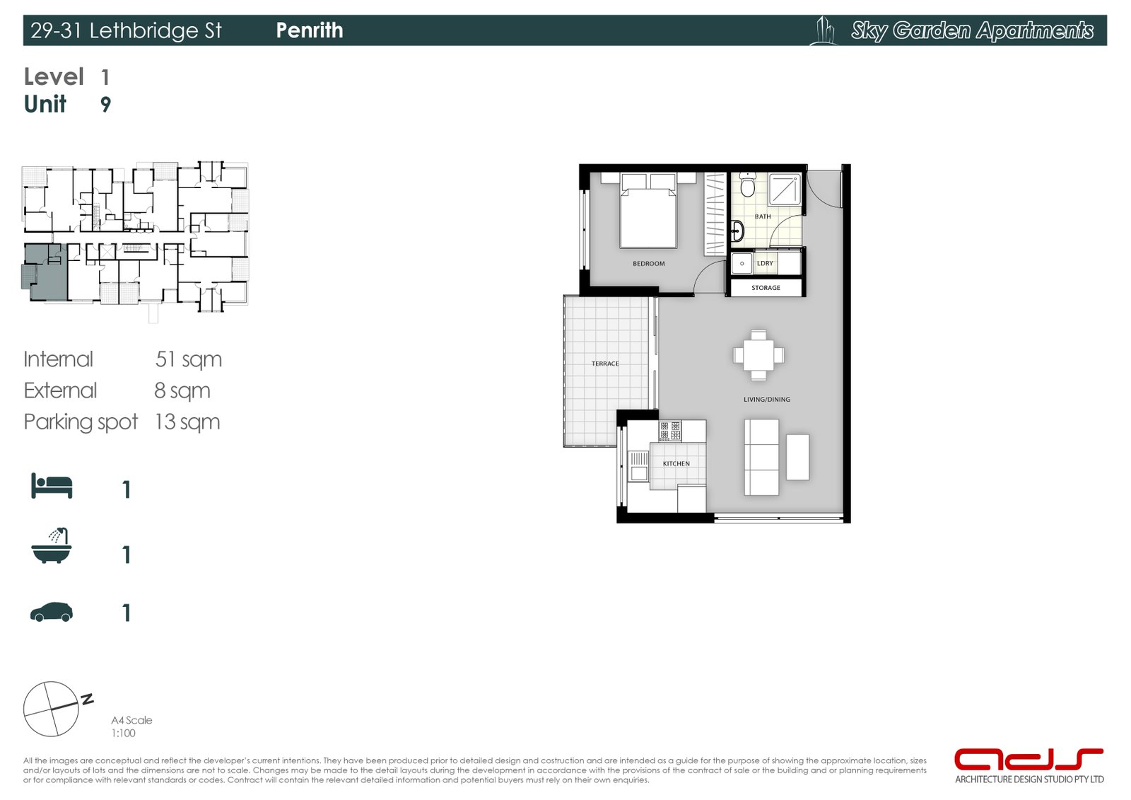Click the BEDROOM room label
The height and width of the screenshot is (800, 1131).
(648, 264)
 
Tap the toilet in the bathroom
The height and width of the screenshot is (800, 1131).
(747, 185)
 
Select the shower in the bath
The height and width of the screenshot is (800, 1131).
(785, 189)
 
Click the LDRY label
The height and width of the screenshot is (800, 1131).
(765, 263)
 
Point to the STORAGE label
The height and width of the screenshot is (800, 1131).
(766, 288)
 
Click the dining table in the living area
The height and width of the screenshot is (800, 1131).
(758, 355)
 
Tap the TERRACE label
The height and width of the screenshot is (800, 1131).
(605, 364)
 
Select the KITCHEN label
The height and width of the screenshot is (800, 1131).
(676, 464)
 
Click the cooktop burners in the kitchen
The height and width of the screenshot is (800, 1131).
(670, 431)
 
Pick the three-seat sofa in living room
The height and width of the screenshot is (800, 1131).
(761, 457)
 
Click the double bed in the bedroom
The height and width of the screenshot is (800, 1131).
(648, 216)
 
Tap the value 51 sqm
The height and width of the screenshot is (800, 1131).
(188, 359)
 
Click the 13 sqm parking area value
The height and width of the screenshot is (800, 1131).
(187, 422)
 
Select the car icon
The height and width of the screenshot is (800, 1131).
(52, 613)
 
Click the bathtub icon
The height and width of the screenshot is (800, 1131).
(52, 547)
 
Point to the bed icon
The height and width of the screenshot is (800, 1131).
(52, 487)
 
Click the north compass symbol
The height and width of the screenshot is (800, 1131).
(52, 709)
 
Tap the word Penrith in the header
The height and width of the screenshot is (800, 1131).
(309, 30)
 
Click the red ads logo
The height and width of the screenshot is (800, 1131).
(1028, 760)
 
